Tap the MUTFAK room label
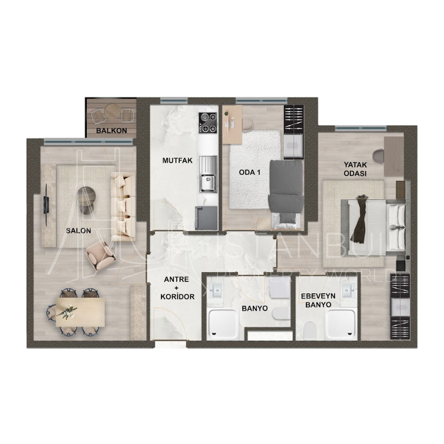(x=177, y=161)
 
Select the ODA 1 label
(x=250, y=172)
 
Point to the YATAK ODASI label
(x=355, y=169)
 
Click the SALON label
(x=78, y=231)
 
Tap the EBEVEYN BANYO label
(x=318, y=301)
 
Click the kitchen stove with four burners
(x=207, y=123)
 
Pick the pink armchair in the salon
(x=100, y=254)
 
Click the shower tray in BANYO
(x=222, y=325)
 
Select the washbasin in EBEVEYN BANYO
(x=349, y=292)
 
